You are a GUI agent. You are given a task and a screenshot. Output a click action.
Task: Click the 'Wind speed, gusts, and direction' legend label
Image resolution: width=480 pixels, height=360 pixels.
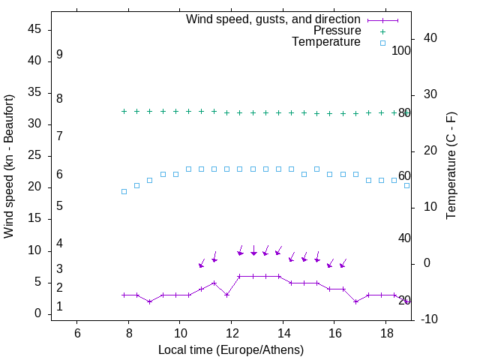coord(273,19)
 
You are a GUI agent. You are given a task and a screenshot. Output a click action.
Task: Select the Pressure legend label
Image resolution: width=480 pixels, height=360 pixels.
coord(337,31)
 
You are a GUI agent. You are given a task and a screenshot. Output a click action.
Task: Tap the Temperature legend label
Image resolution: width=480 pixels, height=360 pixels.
coord(326,42)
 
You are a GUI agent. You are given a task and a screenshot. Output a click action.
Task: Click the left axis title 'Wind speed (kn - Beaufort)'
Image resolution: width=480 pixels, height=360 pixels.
coord(9,166)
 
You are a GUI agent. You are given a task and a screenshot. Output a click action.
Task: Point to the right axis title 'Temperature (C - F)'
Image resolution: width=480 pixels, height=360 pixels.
coord(451,166)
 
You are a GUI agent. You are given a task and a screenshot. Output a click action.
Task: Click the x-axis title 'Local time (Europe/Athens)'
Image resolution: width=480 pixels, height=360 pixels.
coord(231,350)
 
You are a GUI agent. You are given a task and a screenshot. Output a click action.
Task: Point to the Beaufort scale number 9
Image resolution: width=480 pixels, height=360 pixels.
coord(59,55)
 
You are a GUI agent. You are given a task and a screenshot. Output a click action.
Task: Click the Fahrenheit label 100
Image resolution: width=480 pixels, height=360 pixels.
coord(401,51)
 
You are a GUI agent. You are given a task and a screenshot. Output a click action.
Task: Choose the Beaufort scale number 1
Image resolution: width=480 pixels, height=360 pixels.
coord(59,307)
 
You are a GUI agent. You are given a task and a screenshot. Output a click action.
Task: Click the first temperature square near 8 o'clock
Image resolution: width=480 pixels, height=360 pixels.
coord(124,191)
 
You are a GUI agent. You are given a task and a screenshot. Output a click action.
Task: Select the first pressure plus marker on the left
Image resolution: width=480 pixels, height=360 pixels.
coord(124,111)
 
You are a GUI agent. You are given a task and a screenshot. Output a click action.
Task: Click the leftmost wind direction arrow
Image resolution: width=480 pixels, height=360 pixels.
coord(202,262)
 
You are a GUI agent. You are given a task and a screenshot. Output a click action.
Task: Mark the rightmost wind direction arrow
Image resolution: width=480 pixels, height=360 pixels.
coord(343,262)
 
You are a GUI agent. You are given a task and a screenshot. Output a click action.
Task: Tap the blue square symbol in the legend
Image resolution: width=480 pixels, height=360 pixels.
coord(382,43)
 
